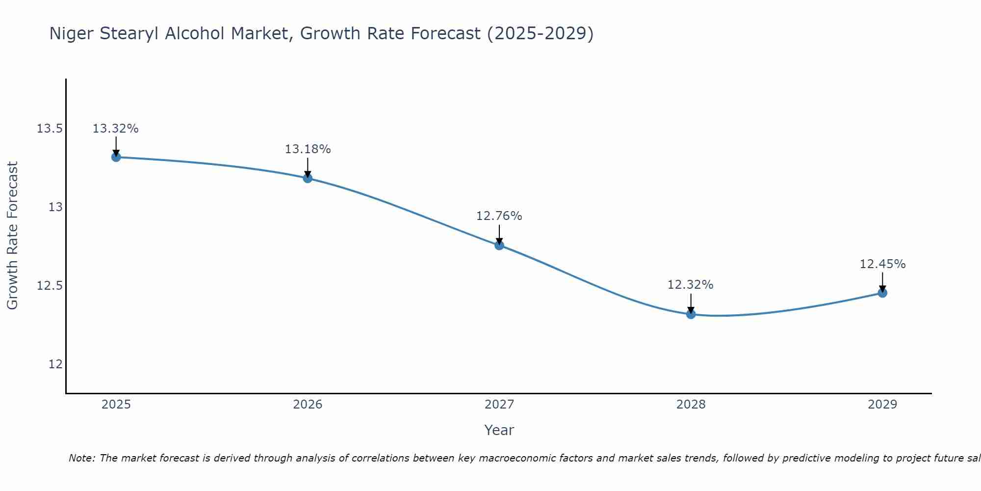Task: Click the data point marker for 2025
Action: click(x=116, y=157)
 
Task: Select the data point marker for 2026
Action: click(x=308, y=178)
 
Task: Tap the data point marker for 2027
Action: click(x=499, y=245)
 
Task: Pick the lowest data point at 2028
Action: click(x=691, y=314)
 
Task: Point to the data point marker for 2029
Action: click(x=882, y=293)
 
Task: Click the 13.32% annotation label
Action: click(x=116, y=129)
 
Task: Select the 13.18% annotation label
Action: click(x=308, y=149)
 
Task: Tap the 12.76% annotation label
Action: click(x=499, y=216)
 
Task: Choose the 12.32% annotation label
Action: click(x=691, y=285)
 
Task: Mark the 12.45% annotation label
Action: click(x=882, y=264)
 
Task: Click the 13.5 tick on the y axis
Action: click(x=50, y=129)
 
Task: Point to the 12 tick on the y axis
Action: click(x=55, y=364)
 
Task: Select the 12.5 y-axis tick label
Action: click(x=50, y=286)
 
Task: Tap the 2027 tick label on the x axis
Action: click(x=499, y=405)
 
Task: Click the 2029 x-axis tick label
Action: click(x=882, y=405)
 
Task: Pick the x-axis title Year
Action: click(x=499, y=430)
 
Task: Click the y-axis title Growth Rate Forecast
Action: click(x=13, y=236)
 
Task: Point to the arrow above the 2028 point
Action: click(x=691, y=303)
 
